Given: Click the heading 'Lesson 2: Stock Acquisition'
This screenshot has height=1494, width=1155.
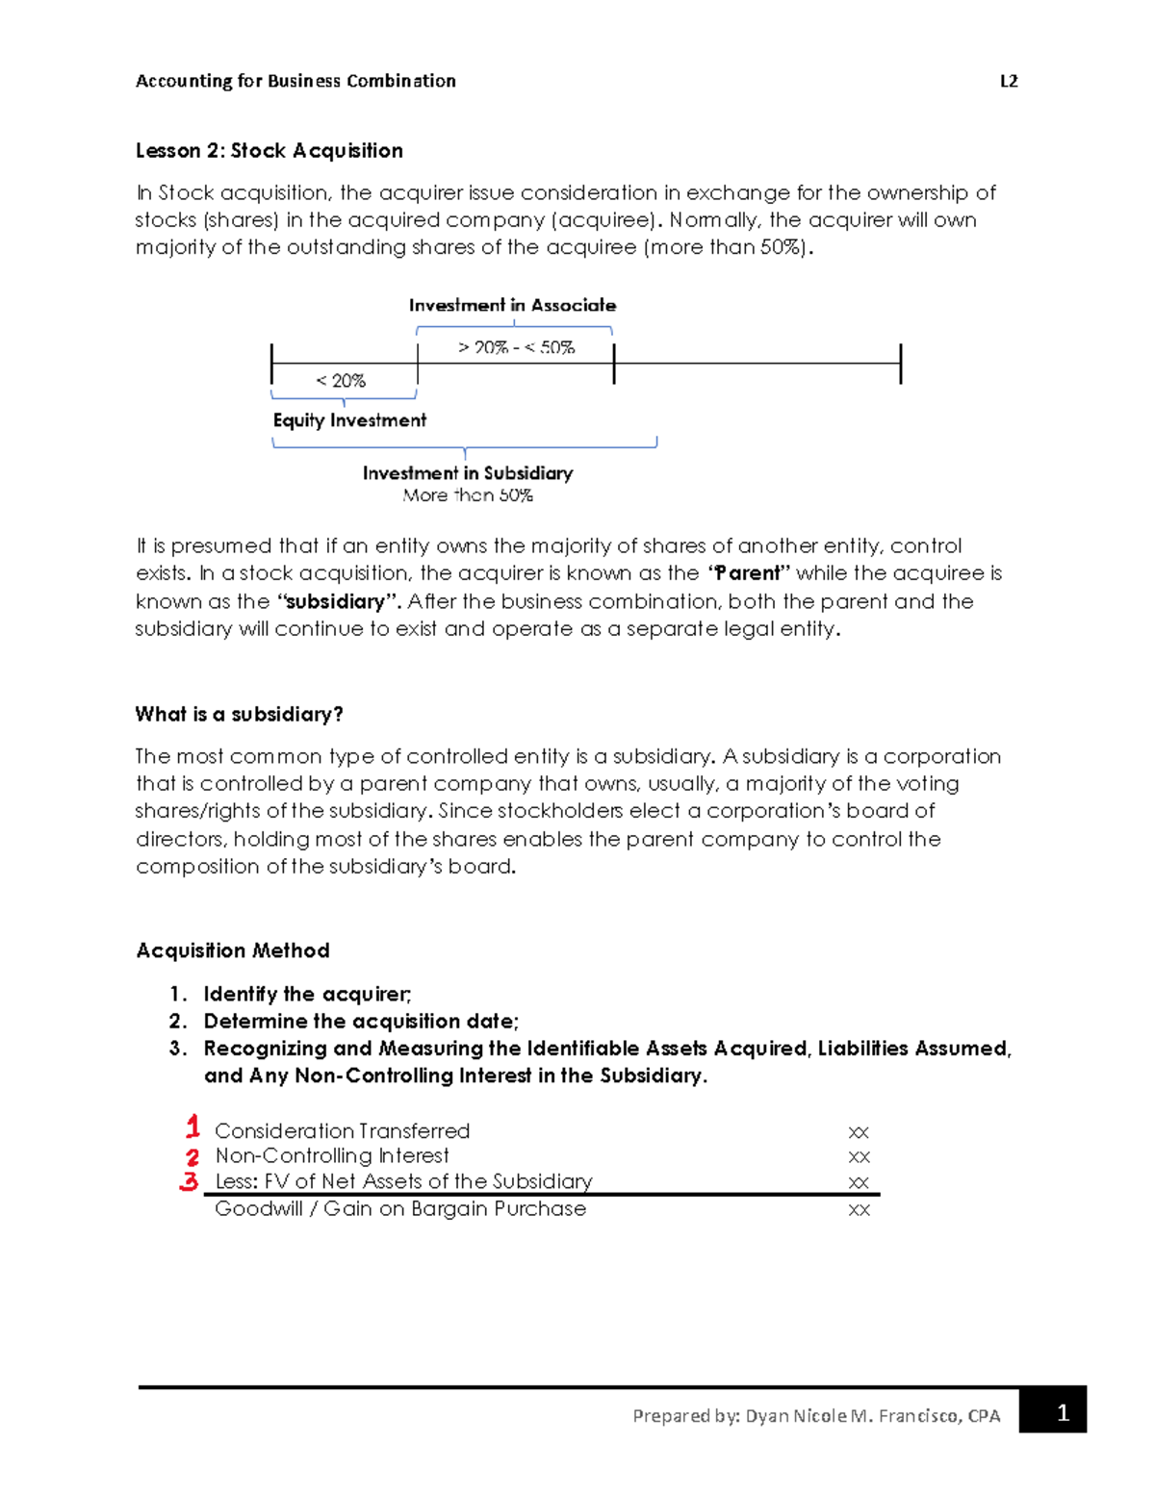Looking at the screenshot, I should (269, 151).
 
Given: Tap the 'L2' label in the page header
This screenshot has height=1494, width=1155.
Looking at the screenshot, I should (1008, 81).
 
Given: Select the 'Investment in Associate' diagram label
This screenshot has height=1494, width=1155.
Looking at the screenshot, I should (512, 305).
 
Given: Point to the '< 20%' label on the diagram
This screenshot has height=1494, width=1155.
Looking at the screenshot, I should (341, 381).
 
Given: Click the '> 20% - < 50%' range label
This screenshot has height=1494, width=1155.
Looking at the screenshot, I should (516, 347).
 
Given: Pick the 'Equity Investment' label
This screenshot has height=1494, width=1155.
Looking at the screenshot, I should (349, 420).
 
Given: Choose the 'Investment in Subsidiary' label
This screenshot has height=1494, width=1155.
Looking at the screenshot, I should (467, 473).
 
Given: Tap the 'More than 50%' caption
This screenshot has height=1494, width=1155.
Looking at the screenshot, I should (467, 495).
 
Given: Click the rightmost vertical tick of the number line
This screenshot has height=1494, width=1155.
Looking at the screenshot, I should (900, 364).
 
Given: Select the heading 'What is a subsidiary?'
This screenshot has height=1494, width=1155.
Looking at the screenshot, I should (239, 714).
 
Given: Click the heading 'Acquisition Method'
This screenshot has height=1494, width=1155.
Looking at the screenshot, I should (233, 950).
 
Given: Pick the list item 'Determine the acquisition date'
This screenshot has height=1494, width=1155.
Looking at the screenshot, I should (360, 1021).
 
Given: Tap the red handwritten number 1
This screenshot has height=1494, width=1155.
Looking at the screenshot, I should (192, 1127).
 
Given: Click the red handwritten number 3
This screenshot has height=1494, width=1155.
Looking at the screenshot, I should (190, 1181).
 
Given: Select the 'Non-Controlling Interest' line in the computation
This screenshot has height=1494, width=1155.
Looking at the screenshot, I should (331, 1155).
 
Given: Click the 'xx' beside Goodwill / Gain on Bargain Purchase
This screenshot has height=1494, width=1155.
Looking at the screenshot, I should (859, 1210).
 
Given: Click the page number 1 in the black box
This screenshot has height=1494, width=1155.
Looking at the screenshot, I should (1062, 1412).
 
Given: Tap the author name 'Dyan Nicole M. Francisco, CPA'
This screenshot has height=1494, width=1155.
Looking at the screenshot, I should (872, 1416).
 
